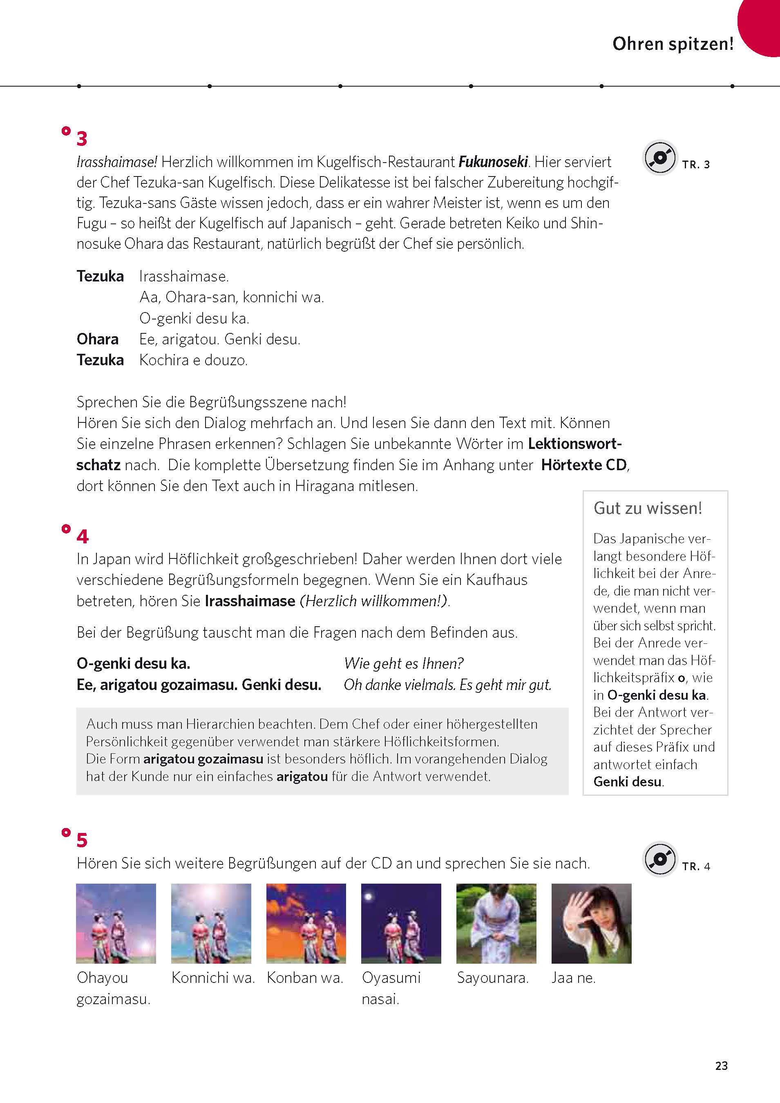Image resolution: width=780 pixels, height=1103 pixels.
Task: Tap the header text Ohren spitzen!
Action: [673, 44]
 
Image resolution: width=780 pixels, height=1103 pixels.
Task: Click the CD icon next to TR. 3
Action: [660, 158]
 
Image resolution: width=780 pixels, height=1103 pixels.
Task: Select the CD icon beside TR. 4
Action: [660, 859]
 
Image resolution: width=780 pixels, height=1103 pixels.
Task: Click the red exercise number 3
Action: [82, 139]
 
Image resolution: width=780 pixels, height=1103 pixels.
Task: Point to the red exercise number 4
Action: [82, 537]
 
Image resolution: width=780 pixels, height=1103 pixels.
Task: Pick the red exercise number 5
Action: [82, 840]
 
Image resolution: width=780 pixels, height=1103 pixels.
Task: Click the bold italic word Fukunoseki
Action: [493, 162]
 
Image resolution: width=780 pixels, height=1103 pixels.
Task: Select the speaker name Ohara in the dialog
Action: [98, 339]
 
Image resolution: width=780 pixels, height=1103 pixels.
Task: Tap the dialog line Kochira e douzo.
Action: [193, 360]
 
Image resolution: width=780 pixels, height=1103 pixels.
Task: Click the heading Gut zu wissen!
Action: [647, 508]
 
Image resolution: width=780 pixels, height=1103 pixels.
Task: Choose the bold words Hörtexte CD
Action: [583, 465]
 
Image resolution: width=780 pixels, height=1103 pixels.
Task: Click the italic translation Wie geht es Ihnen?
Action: [404, 663]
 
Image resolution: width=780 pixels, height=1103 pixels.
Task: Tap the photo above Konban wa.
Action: [306, 923]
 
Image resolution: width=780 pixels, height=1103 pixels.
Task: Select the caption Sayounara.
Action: [493, 978]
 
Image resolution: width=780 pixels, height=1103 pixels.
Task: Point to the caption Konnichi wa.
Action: [213, 978]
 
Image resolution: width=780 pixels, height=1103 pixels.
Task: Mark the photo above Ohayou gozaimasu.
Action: [116, 923]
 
